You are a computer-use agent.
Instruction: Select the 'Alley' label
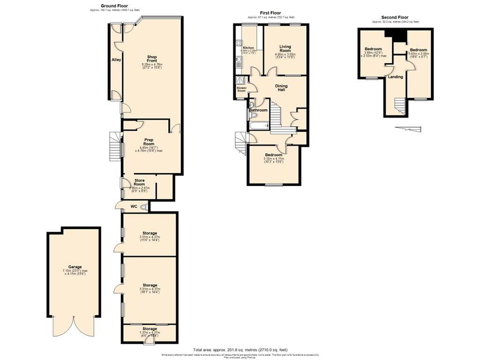[116, 60]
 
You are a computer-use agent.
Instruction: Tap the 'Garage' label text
[74, 267]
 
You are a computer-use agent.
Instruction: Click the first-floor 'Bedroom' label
[274, 154]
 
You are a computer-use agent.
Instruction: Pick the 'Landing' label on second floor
[396, 77]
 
